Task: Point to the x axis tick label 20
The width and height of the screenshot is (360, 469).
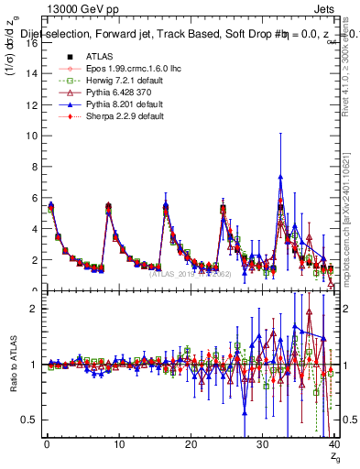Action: point(191,444)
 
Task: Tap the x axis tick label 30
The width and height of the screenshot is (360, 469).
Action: point(262,444)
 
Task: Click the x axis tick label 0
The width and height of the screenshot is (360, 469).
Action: point(47,444)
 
